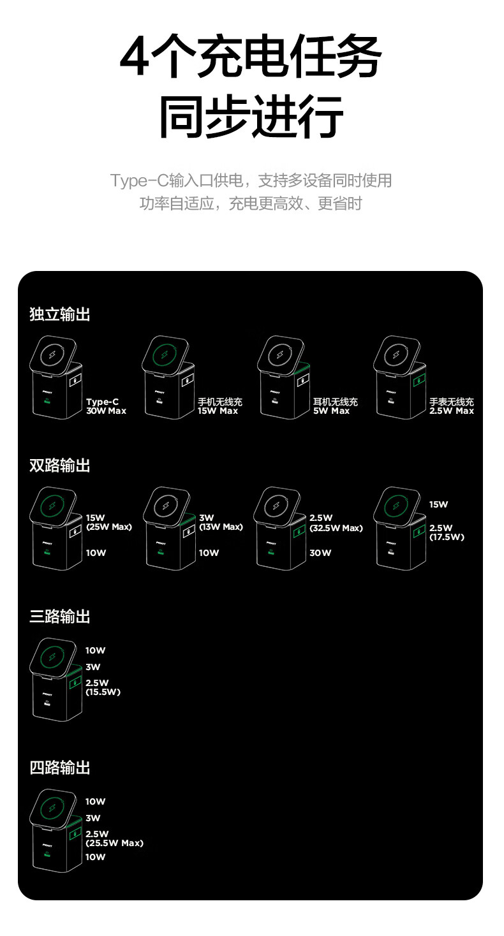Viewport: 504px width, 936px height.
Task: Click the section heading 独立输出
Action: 60,314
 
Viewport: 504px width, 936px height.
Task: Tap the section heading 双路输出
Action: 60,465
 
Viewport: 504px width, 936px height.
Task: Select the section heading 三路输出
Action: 60,617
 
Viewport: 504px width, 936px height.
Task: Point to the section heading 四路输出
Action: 60,768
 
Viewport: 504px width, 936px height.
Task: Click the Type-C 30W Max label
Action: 106,407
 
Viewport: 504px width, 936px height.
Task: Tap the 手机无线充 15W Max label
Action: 219,407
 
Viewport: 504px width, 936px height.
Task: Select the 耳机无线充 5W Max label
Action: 335,407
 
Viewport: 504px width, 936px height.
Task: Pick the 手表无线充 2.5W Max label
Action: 451,407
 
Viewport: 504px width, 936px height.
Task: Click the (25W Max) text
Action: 108,527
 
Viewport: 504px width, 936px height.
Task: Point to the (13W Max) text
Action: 221,527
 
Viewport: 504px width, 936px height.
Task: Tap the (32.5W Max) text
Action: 336,528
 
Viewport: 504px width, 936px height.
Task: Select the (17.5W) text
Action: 447,537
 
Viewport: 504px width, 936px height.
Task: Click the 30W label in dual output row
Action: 320,553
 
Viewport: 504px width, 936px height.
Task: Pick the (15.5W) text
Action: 103,692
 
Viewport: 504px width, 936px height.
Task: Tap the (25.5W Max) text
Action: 114,843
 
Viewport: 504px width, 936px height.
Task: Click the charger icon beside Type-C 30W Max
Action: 56,377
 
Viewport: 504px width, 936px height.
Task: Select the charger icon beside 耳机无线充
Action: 285,377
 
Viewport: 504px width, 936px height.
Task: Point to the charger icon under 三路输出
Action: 56,680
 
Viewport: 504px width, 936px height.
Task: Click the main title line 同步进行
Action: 251,117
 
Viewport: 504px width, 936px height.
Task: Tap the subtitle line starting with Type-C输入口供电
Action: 251,180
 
